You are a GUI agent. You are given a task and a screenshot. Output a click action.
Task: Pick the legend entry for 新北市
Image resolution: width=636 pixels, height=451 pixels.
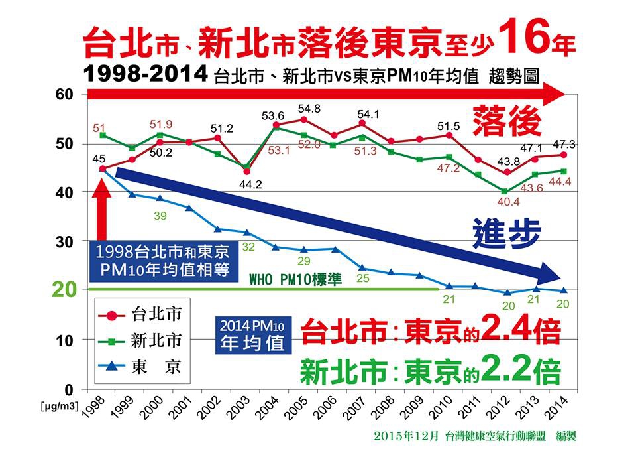point(140,340)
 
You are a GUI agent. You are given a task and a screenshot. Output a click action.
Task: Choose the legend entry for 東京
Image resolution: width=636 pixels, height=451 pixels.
point(140,366)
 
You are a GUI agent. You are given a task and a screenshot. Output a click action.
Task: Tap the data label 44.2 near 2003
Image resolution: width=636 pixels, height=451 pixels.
point(250,184)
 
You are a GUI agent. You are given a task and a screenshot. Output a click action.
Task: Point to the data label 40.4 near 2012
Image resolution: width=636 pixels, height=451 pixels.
point(505,201)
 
